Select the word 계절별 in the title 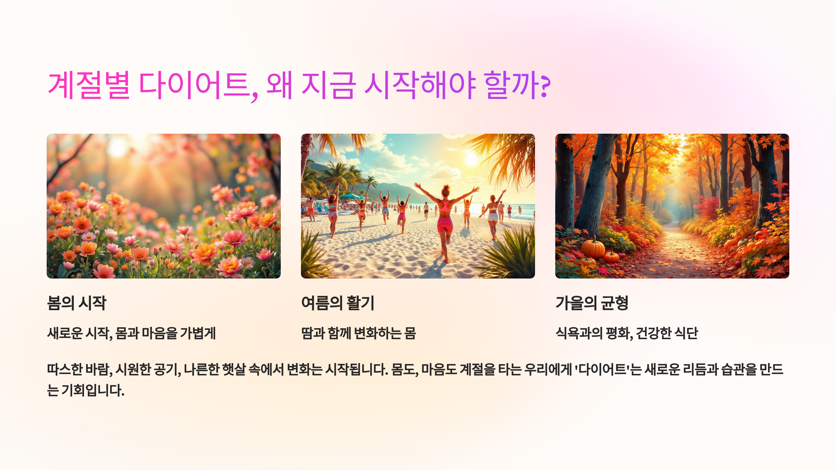coord(89,85)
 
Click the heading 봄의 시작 coord(77,303)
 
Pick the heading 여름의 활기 coord(338,303)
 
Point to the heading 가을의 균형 coord(592,303)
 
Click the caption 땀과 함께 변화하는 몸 coord(358,333)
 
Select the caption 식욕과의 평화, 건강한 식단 coord(627,333)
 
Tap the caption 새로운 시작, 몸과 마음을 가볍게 coord(131,333)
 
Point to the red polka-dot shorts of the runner coord(445,225)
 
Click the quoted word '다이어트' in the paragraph coord(602,369)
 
